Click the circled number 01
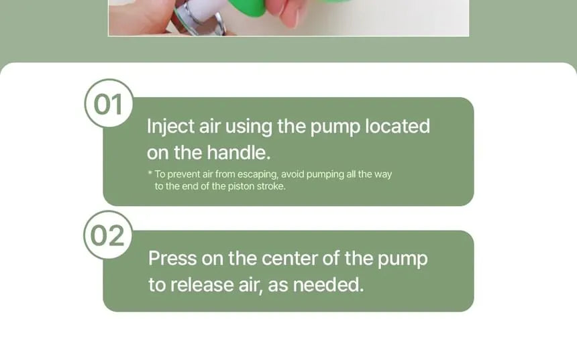(109, 103)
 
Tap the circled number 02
(108, 235)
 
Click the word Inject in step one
(170, 127)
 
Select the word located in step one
(397, 126)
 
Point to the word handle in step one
(238, 152)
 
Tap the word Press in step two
(172, 258)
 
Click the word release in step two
(202, 285)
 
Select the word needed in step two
(328, 285)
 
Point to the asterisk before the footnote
(150, 172)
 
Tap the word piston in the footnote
(241, 186)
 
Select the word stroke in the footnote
(271, 186)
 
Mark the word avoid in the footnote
(292, 174)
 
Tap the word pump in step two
(403, 259)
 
